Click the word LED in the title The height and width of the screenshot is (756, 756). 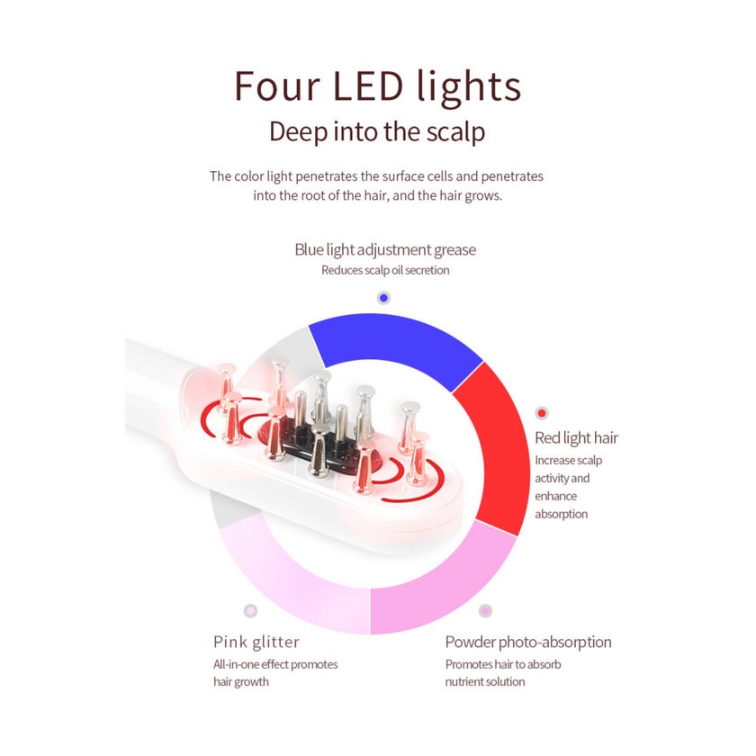tap(368, 86)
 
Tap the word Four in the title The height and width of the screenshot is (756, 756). tap(277, 86)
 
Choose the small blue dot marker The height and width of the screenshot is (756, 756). tap(383, 298)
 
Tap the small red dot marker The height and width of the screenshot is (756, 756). tap(542, 413)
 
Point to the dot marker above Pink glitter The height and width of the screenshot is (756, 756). tap(250, 611)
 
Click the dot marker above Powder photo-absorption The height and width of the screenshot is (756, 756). tap(485, 611)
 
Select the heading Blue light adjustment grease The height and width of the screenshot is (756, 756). tap(385, 250)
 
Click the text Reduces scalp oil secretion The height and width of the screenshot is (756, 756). tap(385, 270)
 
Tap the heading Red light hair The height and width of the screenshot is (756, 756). tap(576, 437)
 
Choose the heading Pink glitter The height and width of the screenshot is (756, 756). tap(256, 642)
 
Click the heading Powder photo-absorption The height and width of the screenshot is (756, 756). tap(528, 643)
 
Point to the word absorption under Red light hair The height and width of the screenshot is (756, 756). tap(562, 514)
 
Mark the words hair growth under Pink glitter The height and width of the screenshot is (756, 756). tap(241, 682)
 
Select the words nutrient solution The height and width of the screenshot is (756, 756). tap(485, 682)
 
